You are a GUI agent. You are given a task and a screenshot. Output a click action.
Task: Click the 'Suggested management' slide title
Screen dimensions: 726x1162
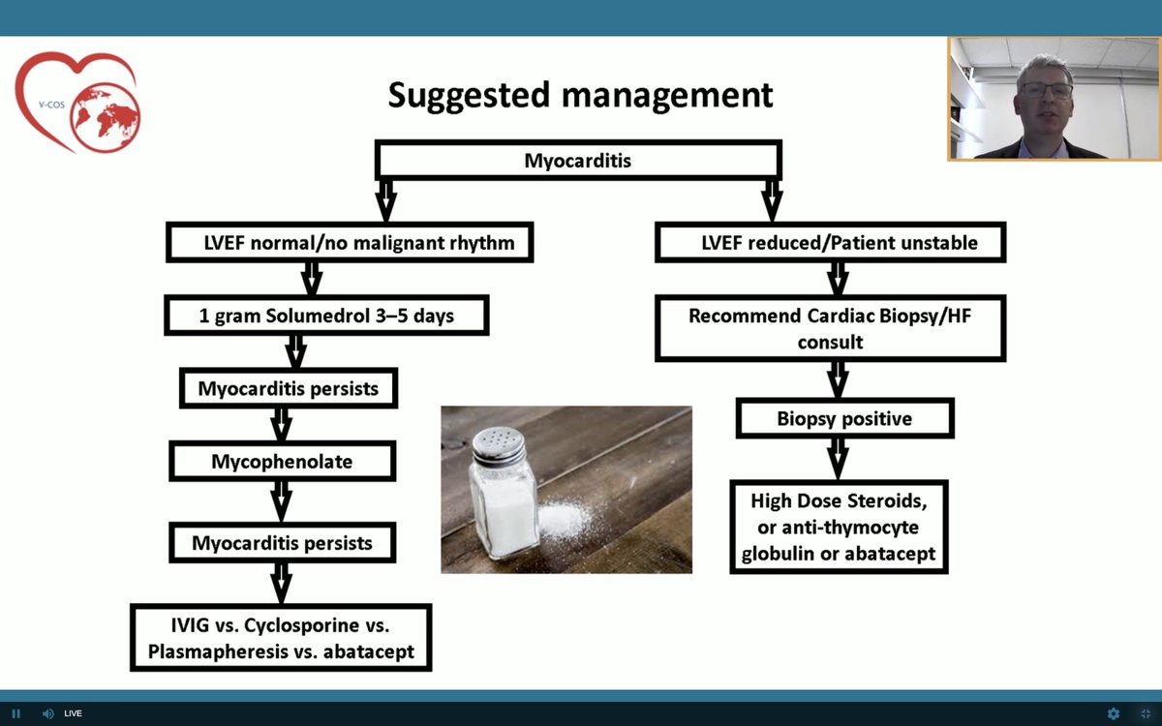pyautogui.click(x=580, y=96)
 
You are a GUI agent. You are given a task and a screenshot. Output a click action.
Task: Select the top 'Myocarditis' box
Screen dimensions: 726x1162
pyautogui.click(x=577, y=161)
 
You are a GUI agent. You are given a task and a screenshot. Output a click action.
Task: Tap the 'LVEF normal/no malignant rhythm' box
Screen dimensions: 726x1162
pyautogui.click(x=350, y=242)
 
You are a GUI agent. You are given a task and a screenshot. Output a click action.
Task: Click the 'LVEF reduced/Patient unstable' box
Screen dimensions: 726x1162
pyautogui.click(x=830, y=242)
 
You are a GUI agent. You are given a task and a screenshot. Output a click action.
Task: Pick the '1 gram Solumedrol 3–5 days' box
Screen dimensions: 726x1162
pyautogui.click(x=325, y=316)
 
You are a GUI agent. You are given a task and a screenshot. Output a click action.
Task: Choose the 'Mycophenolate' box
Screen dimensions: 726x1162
pyautogui.click(x=282, y=461)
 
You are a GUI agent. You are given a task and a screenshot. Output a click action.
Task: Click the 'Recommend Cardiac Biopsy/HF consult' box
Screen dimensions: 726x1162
pyautogui.click(x=830, y=329)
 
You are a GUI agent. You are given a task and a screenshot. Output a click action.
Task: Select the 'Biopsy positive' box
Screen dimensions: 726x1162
pyautogui.click(x=844, y=419)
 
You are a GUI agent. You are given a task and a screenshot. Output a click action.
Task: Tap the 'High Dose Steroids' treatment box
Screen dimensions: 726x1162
pyautogui.click(x=839, y=527)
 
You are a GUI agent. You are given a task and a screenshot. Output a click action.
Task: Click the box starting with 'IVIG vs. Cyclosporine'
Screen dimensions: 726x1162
pyautogui.click(x=281, y=637)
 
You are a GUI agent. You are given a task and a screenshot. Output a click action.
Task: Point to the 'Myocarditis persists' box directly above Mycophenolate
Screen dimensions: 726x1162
pyautogui.click(x=288, y=388)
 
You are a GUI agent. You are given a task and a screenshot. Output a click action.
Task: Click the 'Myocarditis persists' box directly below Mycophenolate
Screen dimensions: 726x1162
pyautogui.click(x=282, y=542)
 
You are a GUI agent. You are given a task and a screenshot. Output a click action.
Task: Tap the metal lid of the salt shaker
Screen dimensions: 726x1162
pyautogui.click(x=499, y=446)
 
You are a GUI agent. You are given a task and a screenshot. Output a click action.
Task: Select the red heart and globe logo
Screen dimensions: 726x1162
pyautogui.click(x=77, y=102)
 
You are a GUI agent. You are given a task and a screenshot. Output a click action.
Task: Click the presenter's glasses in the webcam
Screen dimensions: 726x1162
pyautogui.click(x=1046, y=90)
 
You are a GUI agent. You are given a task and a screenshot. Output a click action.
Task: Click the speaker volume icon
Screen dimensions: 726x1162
pyautogui.click(x=47, y=713)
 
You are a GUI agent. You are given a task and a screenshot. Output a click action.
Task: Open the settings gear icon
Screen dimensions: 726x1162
pyautogui.click(x=1114, y=713)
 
